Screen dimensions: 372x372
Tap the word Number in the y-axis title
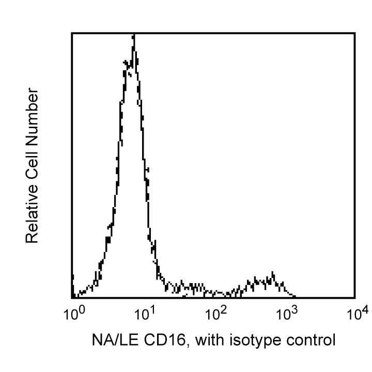click(x=32, y=116)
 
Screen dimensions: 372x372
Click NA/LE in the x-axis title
click(x=116, y=340)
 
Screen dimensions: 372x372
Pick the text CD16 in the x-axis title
click(x=165, y=340)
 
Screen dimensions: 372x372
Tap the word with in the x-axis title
click(x=209, y=340)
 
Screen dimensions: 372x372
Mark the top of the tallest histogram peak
click(x=134, y=35)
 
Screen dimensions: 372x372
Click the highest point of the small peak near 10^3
click(x=273, y=272)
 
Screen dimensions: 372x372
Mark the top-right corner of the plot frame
click(x=355, y=33)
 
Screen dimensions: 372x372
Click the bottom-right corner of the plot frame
click(x=355, y=298)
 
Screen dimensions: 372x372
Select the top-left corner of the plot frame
click(x=72, y=33)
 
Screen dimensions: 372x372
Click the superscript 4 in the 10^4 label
click(x=365, y=309)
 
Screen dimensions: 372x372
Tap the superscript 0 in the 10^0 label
click(x=81, y=309)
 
